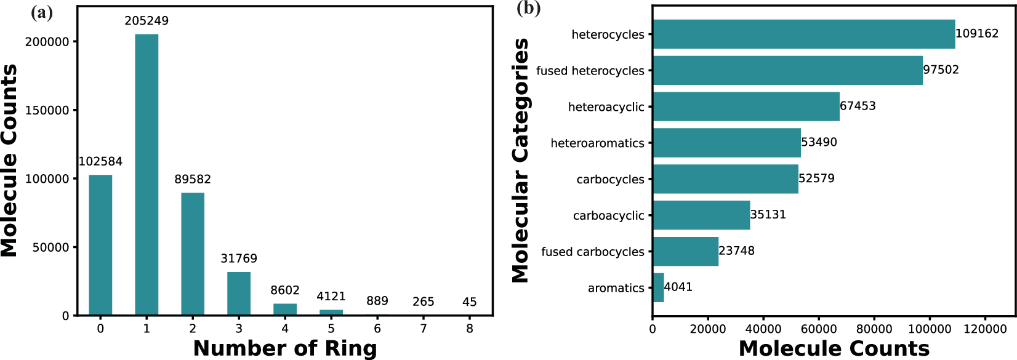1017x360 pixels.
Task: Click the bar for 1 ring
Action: [x=147, y=175]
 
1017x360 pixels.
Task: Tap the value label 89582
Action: [x=193, y=179]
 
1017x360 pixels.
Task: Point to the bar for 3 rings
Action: [x=239, y=294]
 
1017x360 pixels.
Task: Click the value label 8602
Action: [x=285, y=290]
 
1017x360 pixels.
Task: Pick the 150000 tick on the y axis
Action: [x=47, y=110]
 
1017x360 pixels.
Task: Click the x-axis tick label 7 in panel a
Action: [x=424, y=329]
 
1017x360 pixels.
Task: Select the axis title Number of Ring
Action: [x=285, y=348]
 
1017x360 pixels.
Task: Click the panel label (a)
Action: [x=41, y=12]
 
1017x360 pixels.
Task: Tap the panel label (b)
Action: [x=528, y=9]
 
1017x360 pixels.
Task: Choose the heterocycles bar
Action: [x=803, y=34]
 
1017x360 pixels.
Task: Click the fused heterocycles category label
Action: [x=590, y=71]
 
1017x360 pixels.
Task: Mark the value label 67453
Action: [x=858, y=106]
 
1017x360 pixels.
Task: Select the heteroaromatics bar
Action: [x=726, y=143]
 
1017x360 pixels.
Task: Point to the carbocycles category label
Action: [x=610, y=180]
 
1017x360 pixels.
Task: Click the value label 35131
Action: [x=768, y=215]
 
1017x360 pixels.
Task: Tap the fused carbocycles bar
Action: [x=685, y=251]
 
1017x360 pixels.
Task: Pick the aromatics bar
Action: [x=658, y=287]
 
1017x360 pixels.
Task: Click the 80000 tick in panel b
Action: [x=874, y=329]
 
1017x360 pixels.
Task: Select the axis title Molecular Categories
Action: [x=521, y=161]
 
